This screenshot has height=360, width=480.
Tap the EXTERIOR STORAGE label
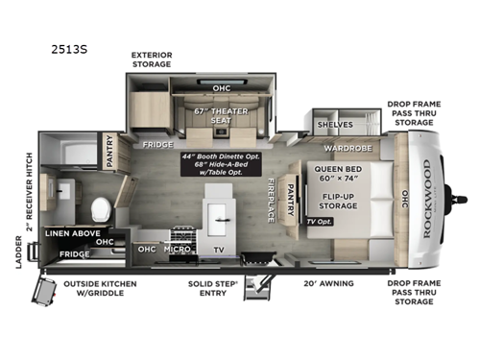pyautogui.click(x=152, y=60)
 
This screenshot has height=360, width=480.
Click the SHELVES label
pyautogui.click(x=334, y=125)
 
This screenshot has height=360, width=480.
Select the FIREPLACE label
pyautogui.click(x=272, y=199)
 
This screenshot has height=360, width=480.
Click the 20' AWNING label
pyautogui.click(x=328, y=283)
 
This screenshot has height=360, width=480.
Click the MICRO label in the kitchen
pyautogui.click(x=174, y=250)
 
